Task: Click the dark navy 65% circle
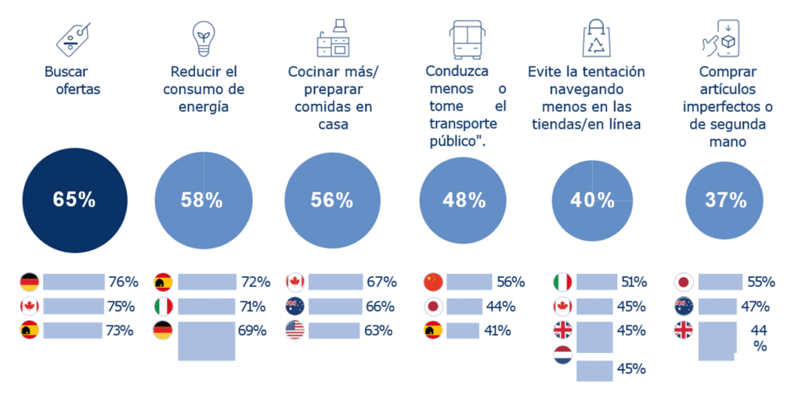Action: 74,199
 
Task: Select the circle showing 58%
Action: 204,199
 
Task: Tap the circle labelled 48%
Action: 465,199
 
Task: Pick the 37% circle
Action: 726,199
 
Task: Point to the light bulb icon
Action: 203,38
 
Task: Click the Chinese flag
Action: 433,282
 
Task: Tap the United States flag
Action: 295,330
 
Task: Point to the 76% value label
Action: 122,282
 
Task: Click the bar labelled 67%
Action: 334,282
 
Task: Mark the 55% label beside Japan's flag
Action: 760,282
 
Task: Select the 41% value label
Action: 499,330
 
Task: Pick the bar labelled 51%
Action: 598,282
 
